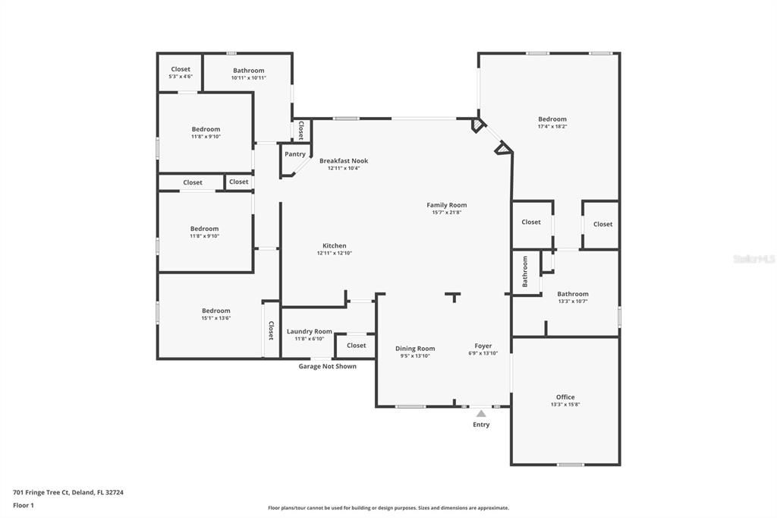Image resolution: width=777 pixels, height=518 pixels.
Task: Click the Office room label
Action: tap(565, 396)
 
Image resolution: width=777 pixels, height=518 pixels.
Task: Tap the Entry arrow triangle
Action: tap(481, 413)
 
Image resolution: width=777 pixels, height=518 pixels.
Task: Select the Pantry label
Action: tap(295, 154)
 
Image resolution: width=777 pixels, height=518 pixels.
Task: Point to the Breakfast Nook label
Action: tap(344, 160)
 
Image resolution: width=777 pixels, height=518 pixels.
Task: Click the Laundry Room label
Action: tap(310, 331)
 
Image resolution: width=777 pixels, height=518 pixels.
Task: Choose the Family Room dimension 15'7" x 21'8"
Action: tap(447, 213)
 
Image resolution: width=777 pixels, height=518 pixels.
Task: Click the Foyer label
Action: tap(483, 346)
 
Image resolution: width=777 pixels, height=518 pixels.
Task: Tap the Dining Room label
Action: tap(415, 349)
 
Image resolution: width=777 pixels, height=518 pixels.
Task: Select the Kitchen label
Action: tap(335, 245)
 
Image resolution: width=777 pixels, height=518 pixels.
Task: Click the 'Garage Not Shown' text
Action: tap(327, 366)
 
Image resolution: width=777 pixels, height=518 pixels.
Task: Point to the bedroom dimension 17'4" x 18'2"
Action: tap(552, 127)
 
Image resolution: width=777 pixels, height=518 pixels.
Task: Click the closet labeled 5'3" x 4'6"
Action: tap(181, 77)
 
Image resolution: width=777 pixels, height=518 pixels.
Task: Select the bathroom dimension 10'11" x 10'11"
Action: tap(249, 78)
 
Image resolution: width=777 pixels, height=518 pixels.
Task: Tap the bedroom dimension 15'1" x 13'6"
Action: tap(216, 318)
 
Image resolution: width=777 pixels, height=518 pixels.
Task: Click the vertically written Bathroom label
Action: tap(525, 271)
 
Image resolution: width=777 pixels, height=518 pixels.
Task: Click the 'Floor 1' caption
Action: tap(24, 505)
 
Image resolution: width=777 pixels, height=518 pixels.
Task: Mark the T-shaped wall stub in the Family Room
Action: tap(454, 295)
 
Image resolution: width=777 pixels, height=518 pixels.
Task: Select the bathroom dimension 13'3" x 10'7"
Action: tap(573, 302)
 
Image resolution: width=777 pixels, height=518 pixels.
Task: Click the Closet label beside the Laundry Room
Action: tap(357, 345)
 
